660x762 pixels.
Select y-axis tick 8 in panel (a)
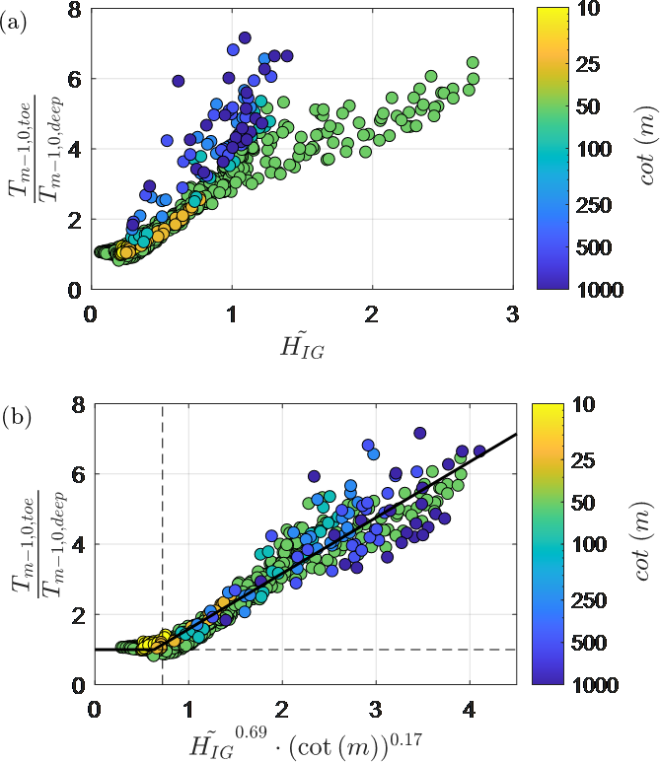72,9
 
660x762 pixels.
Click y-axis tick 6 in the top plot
72,79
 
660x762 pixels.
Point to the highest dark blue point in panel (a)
245,37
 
